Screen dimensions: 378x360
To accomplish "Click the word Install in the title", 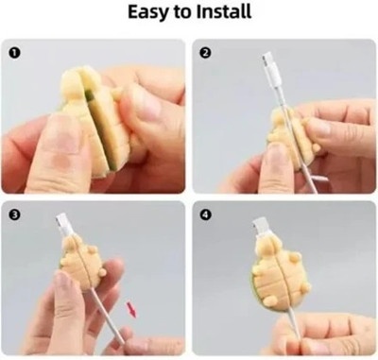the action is pyautogui.click(x=224, y=11).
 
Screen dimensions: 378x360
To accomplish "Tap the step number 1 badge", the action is pyautogui.click(x=15, y=53).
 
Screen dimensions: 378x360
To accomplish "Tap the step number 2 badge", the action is pyautogui.click(x=205, y=53).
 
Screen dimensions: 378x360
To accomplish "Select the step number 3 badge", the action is pyautogui.click(x=15, y=214).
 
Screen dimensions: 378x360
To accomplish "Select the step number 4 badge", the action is pyautogui.click(x=205, y=214).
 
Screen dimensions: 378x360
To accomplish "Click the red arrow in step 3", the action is pyautogui.click(x=131, y=310).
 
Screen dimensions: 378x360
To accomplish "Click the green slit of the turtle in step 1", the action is pyautogui.click(x=96, y=126).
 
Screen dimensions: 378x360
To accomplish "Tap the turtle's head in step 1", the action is pyautogui.click(x=73, y=84).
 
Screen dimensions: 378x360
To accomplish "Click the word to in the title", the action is pyautogui.click(x=182, y=12).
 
